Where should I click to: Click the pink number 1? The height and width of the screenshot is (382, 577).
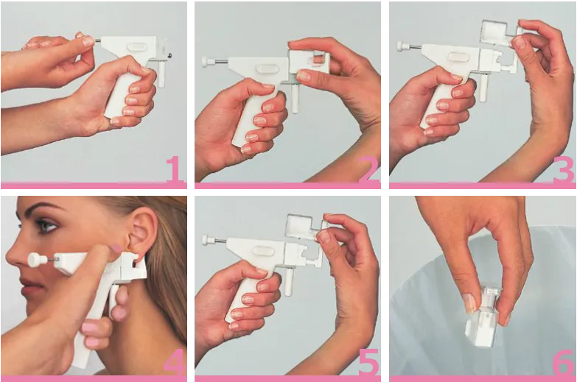(174, 169)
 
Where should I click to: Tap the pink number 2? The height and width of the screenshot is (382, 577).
(369, 169)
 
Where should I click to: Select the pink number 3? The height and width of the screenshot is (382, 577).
(564, 169)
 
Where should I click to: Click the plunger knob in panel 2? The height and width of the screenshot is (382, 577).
(206, 62)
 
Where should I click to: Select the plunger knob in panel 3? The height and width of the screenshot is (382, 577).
(402, 46)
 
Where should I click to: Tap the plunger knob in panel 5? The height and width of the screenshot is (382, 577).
(207, 240)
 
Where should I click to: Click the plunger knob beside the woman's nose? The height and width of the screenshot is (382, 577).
(35, 260)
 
